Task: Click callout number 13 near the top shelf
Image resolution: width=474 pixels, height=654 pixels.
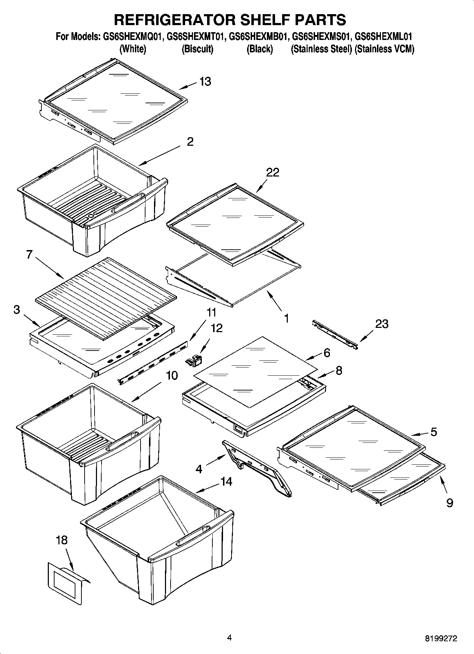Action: click(x=205, y=82)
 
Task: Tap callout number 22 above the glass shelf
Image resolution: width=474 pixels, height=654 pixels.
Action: click(x=273, y=172)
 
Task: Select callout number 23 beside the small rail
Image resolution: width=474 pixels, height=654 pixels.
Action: click(x=381, y=324)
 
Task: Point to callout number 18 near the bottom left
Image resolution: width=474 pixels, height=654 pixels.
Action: click(x=62, y=540)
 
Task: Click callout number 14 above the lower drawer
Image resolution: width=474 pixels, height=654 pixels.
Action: click(x=226, y=481)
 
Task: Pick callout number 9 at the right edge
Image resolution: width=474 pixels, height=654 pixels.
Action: click(x=450, y=503)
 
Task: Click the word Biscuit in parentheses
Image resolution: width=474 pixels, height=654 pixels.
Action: click(x=197, y=49)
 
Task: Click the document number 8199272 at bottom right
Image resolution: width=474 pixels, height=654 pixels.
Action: click(x=441, y=638)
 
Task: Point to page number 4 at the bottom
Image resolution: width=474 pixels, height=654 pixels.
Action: click(x=229, y=638)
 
